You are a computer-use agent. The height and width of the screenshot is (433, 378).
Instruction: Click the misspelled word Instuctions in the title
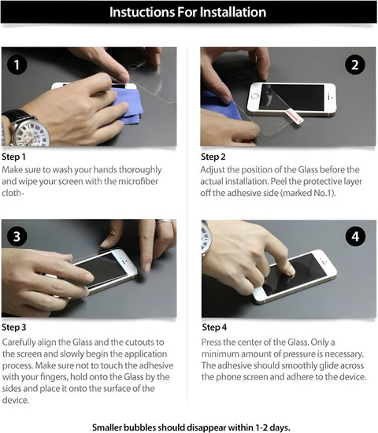click(142, 12)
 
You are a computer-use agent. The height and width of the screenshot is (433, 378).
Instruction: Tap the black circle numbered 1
click(17, 65)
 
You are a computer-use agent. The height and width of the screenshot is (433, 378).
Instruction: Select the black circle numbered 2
click(355, 65)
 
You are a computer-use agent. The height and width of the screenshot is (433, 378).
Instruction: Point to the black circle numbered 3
click(17, 237)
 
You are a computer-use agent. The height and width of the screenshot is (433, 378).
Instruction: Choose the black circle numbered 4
click(355, 237)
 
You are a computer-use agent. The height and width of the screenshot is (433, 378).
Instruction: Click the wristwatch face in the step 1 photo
click(31, 133)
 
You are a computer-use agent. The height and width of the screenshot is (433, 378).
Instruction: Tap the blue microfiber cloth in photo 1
click(127, 105)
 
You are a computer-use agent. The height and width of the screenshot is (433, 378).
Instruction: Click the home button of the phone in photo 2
click(255, 96)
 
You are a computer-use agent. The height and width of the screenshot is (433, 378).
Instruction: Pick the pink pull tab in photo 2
click(295, 117)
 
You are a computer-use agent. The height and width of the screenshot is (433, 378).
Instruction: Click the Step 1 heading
click(13, 157)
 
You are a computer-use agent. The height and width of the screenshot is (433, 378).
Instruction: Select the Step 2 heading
click(213, 157)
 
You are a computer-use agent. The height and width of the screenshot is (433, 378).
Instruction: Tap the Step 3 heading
click(14, 328)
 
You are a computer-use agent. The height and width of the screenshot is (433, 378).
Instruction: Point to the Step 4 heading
click(214, 328)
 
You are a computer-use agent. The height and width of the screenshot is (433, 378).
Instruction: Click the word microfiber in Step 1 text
click(138, 181)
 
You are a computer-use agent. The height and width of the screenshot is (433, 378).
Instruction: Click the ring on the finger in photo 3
click(164, 222)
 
